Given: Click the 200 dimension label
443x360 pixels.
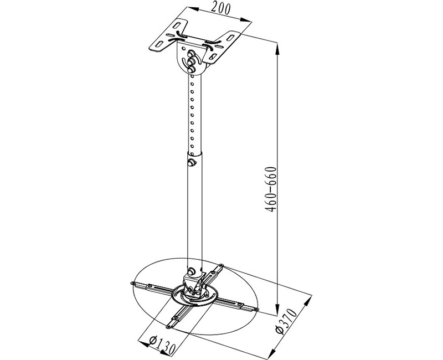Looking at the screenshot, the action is click(221, 9).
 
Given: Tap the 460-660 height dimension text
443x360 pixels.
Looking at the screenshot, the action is click(271, 189).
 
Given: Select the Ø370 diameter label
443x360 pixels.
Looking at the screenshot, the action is click(286, 322).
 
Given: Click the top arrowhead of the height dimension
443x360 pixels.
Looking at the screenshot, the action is click(278, 49).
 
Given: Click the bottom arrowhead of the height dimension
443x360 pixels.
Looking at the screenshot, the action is click(278, 310).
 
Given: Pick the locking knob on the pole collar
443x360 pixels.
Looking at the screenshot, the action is click(192, 162).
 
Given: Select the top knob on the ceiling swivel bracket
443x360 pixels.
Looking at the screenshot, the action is click(191, 53).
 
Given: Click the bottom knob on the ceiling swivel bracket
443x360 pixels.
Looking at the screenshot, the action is click(191, 69).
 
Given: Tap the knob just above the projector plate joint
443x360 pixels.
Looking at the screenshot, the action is click(191, 271).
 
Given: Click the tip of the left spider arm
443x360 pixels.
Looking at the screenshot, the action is click(131, 284).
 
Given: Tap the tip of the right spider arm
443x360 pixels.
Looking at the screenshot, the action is click(256, 310).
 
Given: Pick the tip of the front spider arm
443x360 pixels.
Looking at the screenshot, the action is click(169, 327).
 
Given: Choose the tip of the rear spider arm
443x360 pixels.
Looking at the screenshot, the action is click(222, 265).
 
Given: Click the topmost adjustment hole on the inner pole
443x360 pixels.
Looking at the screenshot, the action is click(192, 76).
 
